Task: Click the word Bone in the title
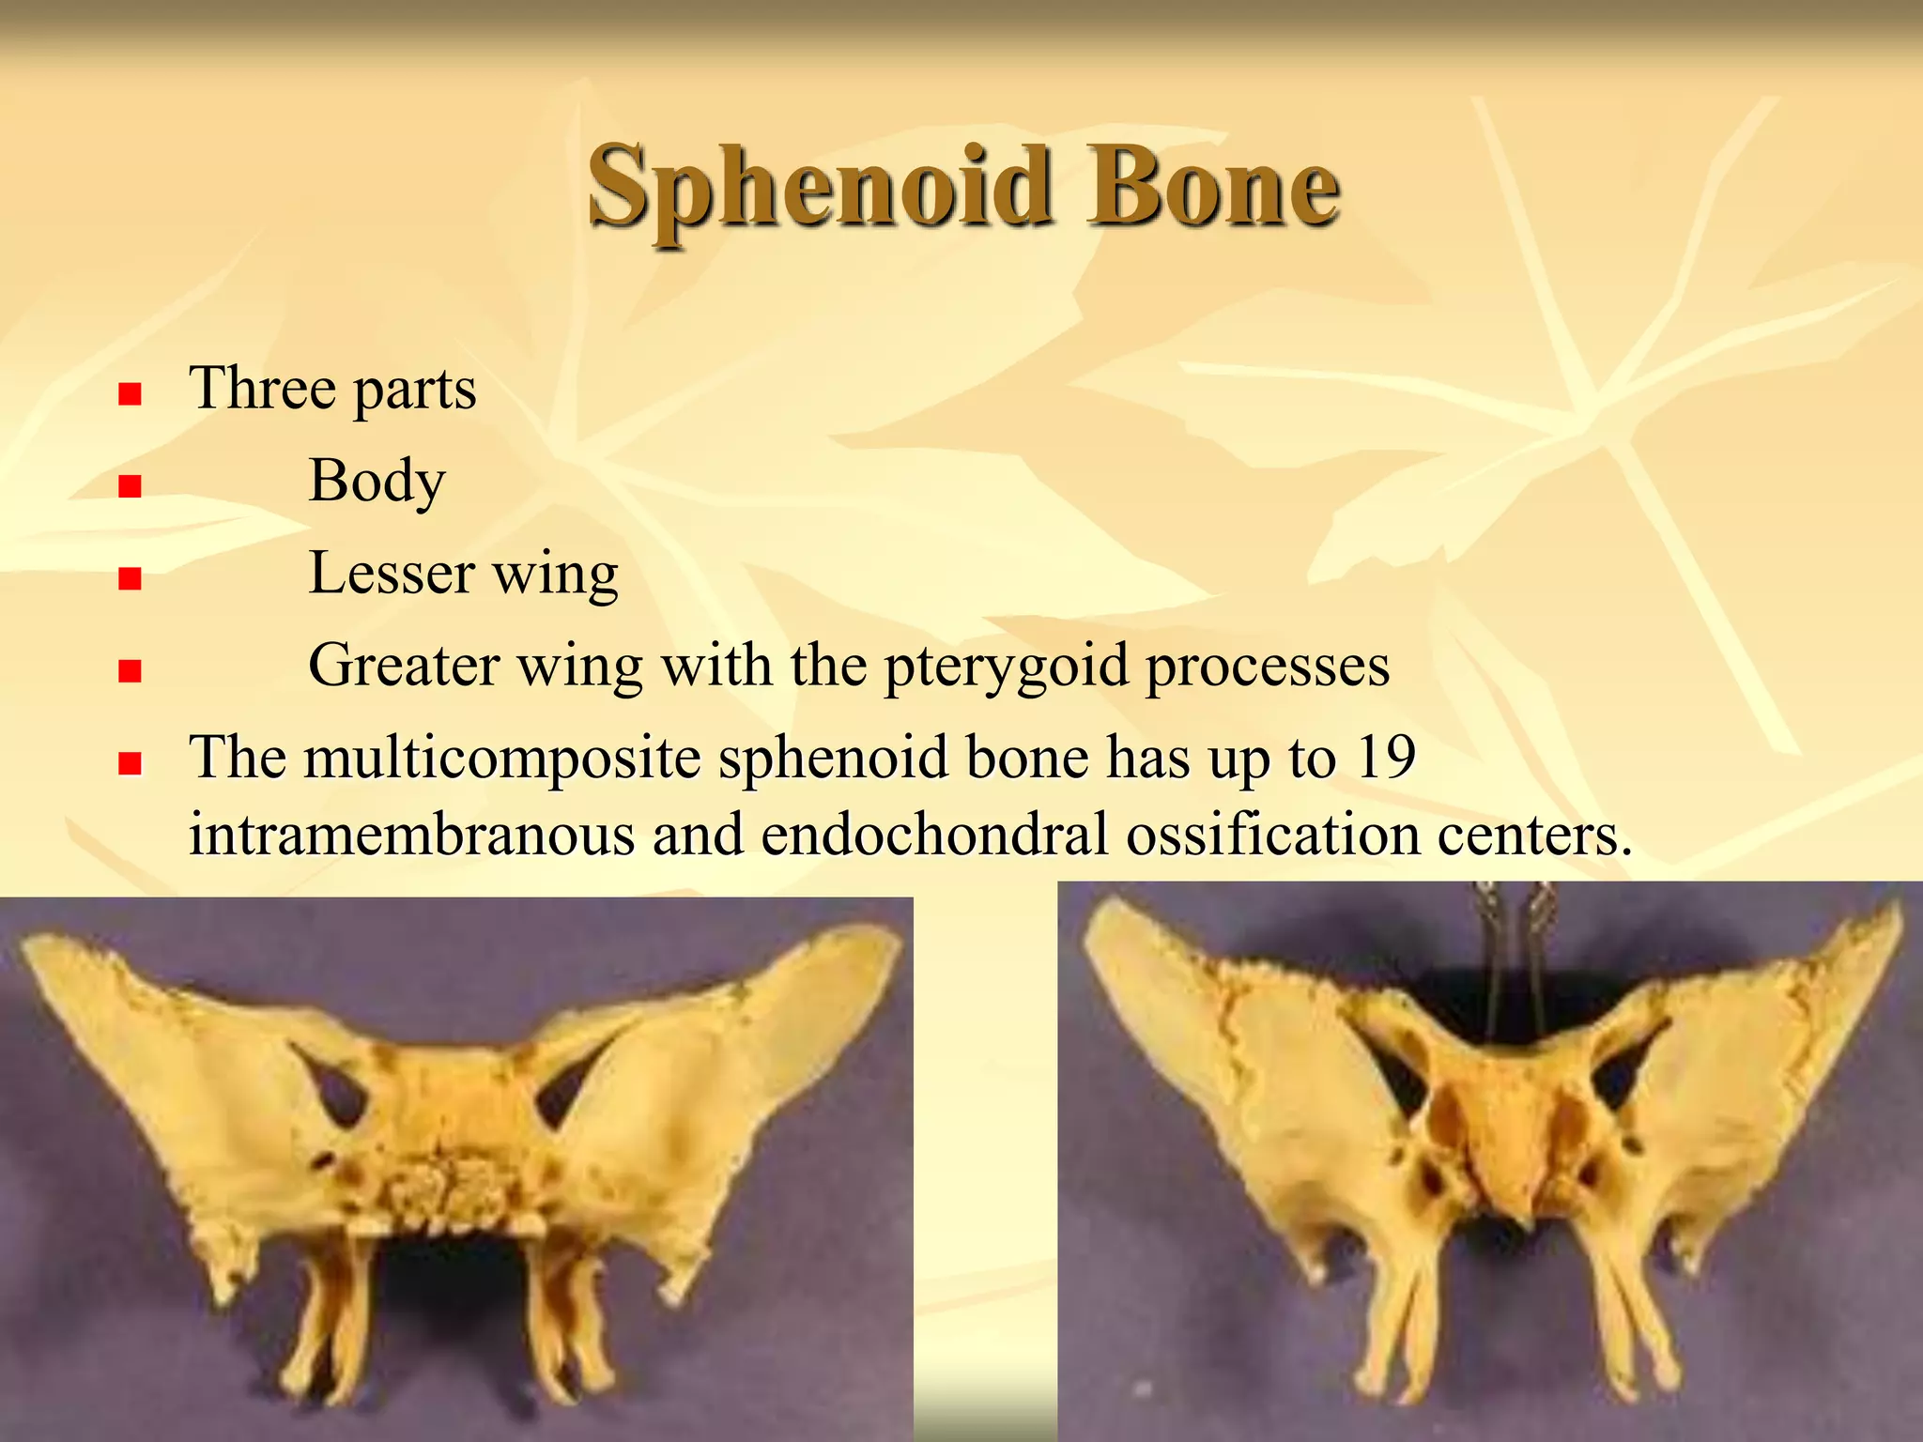1213,188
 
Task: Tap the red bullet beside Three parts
130,393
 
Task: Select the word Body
377,482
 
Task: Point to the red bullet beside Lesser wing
130,578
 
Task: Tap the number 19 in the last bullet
1385,757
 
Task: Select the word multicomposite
502,757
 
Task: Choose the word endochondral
934,834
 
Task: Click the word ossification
1272,834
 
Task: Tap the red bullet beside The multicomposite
130,762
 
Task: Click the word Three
262,388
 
